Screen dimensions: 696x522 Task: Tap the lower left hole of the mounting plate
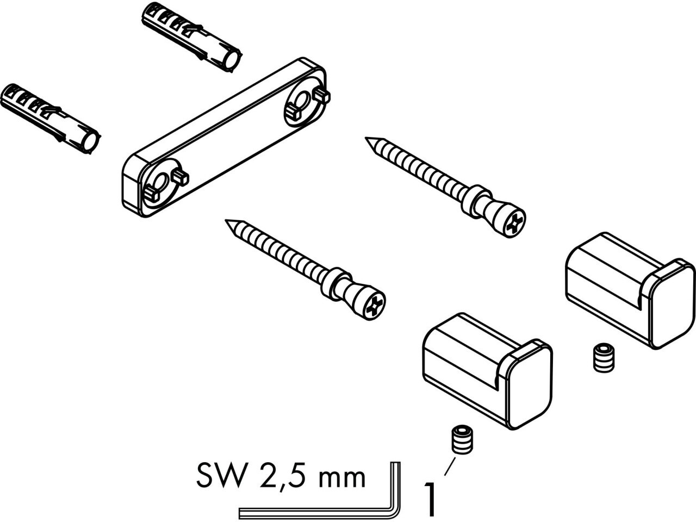coord(161,183)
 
